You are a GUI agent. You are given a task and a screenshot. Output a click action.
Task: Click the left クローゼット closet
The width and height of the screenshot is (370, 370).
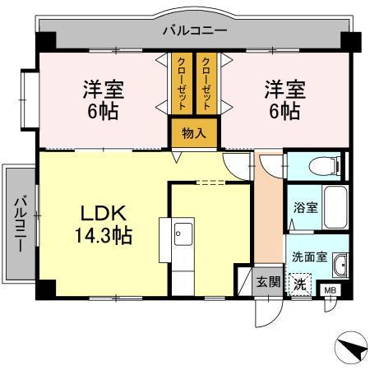[x=182, y=82]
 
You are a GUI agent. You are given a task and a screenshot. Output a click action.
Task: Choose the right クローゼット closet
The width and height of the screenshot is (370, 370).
[x=208, y=82]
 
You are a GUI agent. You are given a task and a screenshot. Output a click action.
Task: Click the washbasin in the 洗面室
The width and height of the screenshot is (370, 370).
[x=340, y=266]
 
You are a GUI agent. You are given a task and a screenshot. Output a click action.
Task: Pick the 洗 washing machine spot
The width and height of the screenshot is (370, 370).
[x=301, y=284]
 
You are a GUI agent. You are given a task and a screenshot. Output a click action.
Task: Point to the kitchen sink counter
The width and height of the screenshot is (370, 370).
[x=182, y=247]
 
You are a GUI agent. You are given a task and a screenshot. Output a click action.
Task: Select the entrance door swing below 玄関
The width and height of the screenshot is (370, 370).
[x=265, y=311]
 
